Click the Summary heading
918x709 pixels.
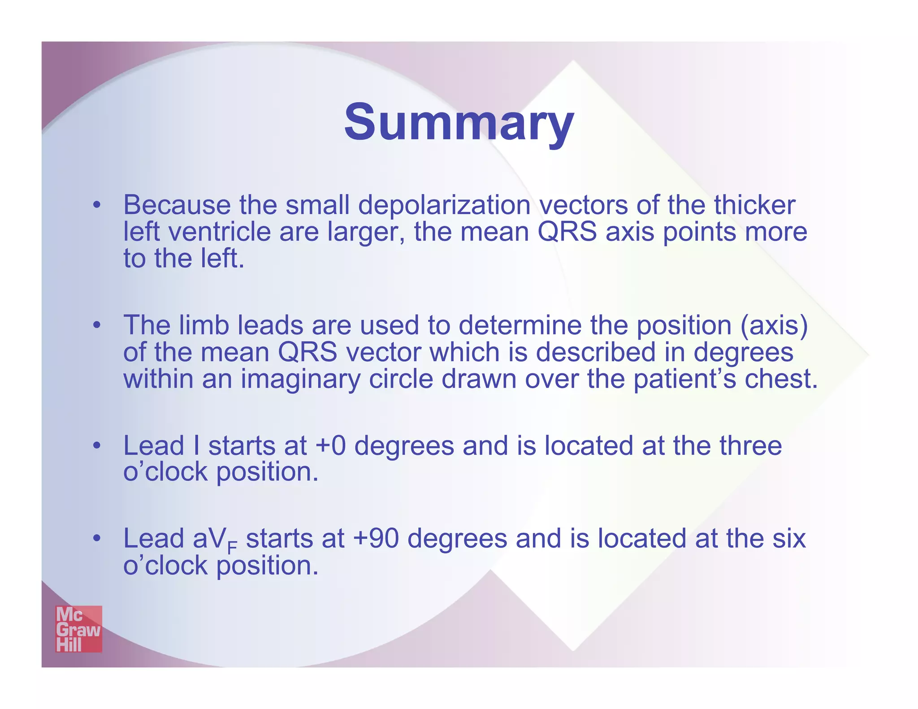tap(459, 122)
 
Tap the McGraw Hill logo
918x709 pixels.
tap(78, 629)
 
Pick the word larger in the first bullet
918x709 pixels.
tap(366, 233)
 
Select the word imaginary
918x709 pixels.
tap(300, 380)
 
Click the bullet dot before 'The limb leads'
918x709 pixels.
tap(96, 325)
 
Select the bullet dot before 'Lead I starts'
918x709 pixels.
tap(96, 446)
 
